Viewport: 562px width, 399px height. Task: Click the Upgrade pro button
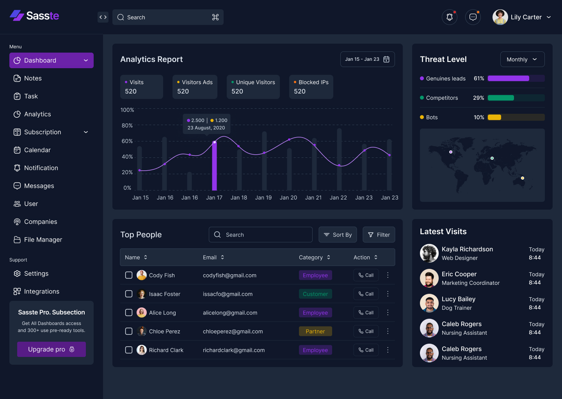coord(51,349)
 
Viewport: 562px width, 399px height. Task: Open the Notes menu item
coord(33,78)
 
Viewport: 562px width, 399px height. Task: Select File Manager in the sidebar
coord(43,240)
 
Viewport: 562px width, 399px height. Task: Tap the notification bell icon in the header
coord(450,17)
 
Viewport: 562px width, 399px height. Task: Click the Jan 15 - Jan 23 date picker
coord(367,59)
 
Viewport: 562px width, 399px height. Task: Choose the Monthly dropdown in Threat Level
coord(522,59)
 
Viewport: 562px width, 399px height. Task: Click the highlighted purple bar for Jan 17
coord(214,166)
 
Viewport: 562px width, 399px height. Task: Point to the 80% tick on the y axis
coord(127,125)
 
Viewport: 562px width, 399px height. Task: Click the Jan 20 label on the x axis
coord(288,198)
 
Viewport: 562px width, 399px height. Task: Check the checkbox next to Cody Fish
coord(129,275)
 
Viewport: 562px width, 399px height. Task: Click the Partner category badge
coord(315,331)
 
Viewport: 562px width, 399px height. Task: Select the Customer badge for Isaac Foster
coord(315,294)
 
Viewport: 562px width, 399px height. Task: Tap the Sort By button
coord(338,235)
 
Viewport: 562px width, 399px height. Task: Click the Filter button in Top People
coord(379,235)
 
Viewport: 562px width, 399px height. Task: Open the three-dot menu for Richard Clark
coord(388,350)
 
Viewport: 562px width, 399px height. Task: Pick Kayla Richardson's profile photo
coord(429,253)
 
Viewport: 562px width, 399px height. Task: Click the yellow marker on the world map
coord(523,178)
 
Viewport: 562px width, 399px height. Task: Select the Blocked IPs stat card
coord(311,87)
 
